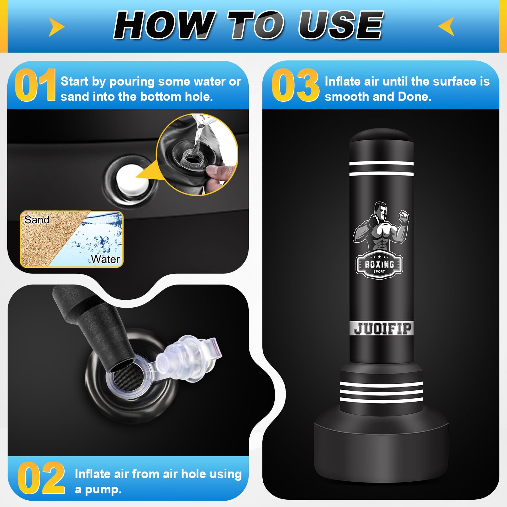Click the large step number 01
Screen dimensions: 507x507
coord(35,85)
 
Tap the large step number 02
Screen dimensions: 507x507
coord(41,478)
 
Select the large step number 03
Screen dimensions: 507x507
coord(295,85)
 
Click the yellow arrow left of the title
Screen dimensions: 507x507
coord(56,27)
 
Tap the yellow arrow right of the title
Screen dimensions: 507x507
coord(447,26)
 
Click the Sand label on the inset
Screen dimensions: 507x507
coord(37,220)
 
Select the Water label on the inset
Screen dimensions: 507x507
coord(106,259)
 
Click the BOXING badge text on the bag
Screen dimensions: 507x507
coord(379,264)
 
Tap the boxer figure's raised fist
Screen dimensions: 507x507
coord(404,217)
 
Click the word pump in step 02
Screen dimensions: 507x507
coord(103,490)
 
